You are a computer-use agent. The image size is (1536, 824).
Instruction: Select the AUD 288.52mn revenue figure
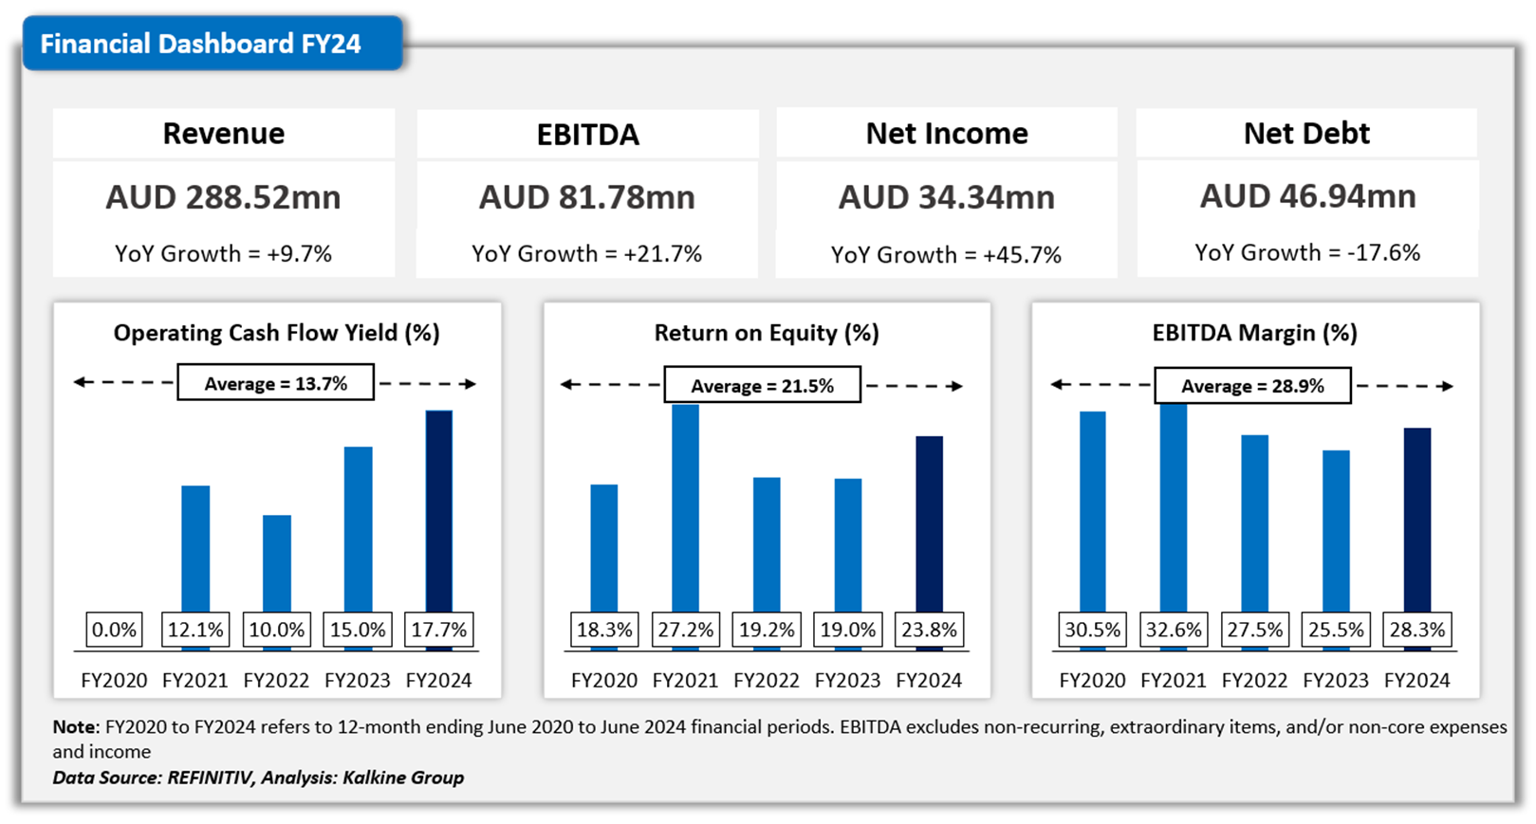(x=223, y=197)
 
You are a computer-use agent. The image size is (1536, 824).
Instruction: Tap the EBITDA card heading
(x=587, y=135)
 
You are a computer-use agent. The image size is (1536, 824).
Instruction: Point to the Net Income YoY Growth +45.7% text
(x=946, y=255)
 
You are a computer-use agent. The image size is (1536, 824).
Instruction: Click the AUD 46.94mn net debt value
(x=1307, y=196)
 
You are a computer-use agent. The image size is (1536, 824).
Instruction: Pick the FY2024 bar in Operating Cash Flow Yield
(x=439, y=512)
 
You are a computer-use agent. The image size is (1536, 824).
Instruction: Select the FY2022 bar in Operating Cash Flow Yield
(x=277, y=564)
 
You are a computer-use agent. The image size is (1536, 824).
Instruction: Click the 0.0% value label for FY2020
(x=114, y=630)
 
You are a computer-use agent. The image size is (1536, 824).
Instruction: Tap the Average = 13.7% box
(x=275, y=383)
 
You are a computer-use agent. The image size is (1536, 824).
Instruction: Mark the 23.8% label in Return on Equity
(x=929, y=630)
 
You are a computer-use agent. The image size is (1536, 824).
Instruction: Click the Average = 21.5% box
(x=762, y=386)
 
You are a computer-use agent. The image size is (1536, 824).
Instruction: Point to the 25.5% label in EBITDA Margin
(x=1336, y=630)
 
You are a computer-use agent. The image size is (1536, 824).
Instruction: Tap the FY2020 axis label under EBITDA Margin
(x=1092, y=681)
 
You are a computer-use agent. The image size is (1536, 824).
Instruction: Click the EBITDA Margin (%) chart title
(x=1254, y=333)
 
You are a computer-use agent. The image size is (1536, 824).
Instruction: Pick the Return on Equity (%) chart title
(x=767, y=333)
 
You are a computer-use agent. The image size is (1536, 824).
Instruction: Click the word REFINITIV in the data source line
(x=210, y=778)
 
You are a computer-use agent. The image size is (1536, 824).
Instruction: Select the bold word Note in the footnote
(x=74, y=727)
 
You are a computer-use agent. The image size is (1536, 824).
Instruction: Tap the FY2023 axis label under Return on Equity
(x=847, y=681)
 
